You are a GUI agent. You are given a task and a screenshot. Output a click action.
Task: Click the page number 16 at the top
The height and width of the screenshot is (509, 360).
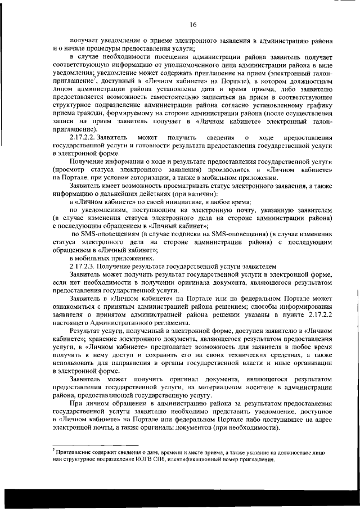[x=192, y=24]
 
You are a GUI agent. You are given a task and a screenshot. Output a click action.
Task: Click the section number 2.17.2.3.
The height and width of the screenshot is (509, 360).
[x=83, y=264]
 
